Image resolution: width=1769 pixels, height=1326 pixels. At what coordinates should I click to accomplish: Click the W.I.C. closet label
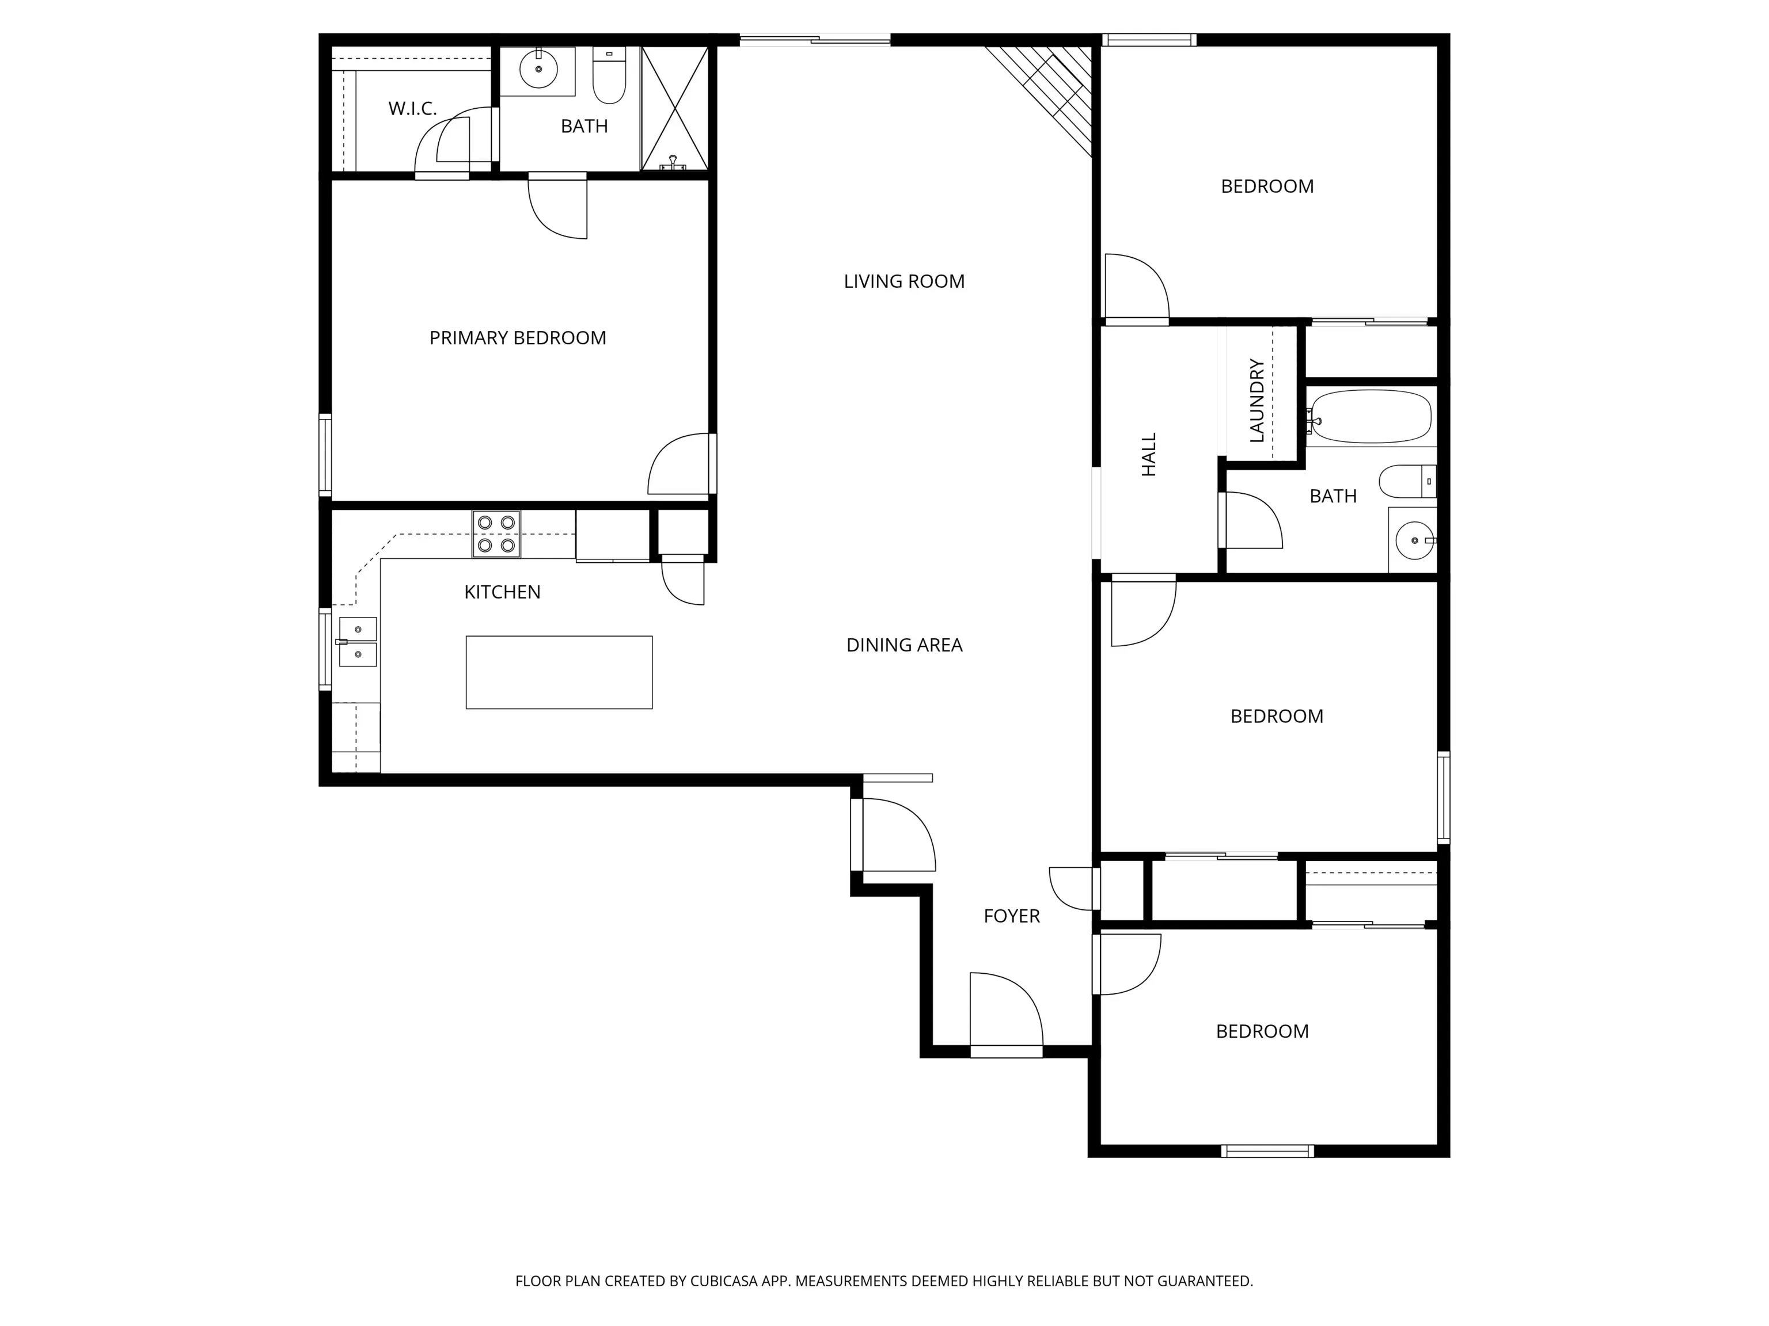tap(413, 109)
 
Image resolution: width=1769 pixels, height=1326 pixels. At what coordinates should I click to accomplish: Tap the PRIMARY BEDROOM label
tap(518, 338)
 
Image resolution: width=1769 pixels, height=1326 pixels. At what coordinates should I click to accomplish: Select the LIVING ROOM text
tap(905, 281)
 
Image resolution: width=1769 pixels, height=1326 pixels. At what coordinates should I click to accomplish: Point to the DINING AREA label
tap(905, 645)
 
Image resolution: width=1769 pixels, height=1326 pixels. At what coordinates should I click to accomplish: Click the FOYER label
tap(1012, 916)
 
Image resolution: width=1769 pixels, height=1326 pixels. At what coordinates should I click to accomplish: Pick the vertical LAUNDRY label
tap(1256, 401)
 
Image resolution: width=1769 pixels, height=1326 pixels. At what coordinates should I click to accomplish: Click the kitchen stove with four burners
tap(496, 534)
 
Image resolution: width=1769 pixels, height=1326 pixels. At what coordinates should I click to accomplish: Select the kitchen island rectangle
tap(559, 672)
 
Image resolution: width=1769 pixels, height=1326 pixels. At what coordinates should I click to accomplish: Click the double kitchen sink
tap(358, 642)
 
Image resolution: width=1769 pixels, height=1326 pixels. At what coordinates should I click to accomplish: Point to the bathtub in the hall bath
tap(1370, 417)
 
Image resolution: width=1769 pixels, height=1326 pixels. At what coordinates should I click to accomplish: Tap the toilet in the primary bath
tap(609, 76)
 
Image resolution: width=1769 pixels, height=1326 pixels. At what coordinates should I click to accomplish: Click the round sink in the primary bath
tap(538, 70)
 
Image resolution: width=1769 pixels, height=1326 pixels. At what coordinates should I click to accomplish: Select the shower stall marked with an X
tap(674, 109)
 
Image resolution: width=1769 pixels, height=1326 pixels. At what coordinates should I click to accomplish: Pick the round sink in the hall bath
tap(1415, 541)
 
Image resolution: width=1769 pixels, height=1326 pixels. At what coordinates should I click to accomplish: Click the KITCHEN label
tap(502, 592)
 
